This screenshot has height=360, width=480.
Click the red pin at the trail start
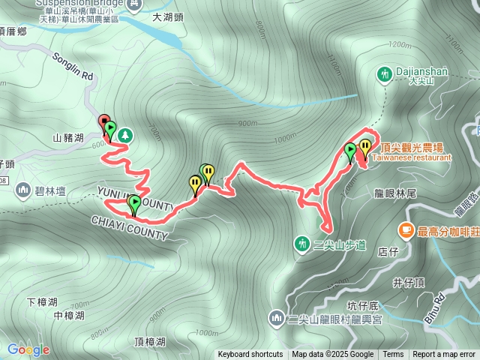pyautogui.click(x=104, y=121)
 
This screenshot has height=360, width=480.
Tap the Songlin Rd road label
pyautogui.click(x=73, y=65)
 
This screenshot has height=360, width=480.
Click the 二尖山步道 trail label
pyautogui.click(x=339, y=244)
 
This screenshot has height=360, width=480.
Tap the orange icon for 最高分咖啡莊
pyautogui.click(x=406, y=228)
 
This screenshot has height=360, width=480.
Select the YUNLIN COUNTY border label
pyautogui.click(x=135, y=199)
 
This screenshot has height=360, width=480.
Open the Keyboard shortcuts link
pyautogui.click(x=250, y=355)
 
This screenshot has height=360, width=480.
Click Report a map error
pyautogui.click(x=444, y=355)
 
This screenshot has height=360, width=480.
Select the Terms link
pyautogui.click(x=393, y=355)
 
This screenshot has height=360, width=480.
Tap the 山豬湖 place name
pyautogui.click(x=68, y=138)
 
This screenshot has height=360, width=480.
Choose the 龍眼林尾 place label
pyautogui.click(x=395, y=193)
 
